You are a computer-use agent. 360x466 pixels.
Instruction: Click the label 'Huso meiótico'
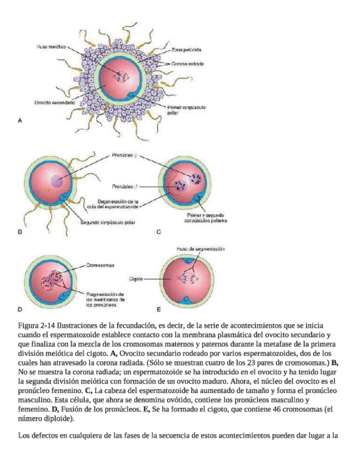[x=51, y=47]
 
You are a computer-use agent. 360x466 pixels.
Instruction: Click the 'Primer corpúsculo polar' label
[x=186, y=110]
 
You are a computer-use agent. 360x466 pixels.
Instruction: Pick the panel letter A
[x=20, y=120]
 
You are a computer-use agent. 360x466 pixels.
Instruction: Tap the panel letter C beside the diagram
[x=158, y=232]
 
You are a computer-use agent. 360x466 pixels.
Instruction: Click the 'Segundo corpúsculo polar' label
[x=108, y=223]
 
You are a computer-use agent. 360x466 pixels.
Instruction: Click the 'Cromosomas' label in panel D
[x=100, y=265]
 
